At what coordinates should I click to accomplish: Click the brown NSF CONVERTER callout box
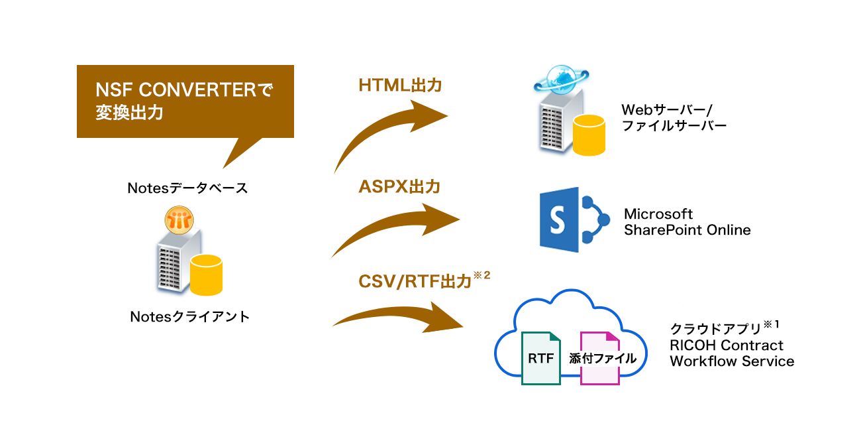point(185,101)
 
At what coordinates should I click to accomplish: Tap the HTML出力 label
point(399,86)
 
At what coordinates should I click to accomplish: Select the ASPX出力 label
point(399,188)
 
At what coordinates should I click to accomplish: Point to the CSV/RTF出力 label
point(415,282)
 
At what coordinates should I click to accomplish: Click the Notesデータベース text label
point(187,188)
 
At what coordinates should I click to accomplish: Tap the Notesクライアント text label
point(190,317)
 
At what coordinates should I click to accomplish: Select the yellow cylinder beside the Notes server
point(206,274)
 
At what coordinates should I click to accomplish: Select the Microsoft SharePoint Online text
point(687,222)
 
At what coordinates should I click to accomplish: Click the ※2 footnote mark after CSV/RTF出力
point(482,277)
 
